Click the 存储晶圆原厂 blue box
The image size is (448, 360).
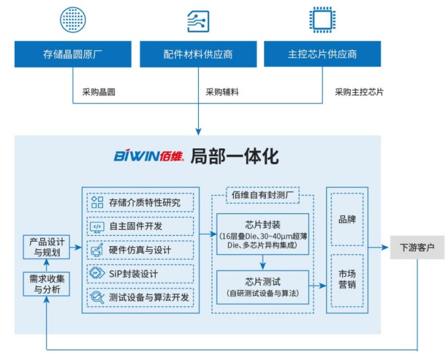pos(73,54)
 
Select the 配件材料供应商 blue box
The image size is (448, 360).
pos(198,54)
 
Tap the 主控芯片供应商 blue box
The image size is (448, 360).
pos(322,54)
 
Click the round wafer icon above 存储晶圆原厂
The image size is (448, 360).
pos(73,20)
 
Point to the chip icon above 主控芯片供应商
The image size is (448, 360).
pos(322,20)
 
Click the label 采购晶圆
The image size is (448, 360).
pos(99,92)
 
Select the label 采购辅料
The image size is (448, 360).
pos(222,92)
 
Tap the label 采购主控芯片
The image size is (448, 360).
pos(359,92)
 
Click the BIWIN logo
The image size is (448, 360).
pos(149,156)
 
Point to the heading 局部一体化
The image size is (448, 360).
pos(234,156)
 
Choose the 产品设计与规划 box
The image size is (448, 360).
pos(45,248)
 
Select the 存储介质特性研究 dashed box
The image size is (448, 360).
pos(140,202)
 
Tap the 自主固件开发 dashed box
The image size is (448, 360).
pos(140,226)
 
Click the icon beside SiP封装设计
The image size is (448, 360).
pos(97,273)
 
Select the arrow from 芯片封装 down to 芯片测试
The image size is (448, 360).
pos(262,262)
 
